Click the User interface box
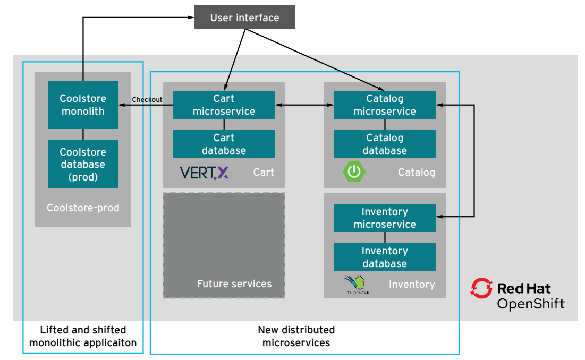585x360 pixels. pyautogui.click(x=244, y=18)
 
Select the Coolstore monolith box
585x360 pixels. pyautogui.click(x=83, y=105)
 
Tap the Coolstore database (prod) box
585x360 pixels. pyautogui.click(x=83, y=164)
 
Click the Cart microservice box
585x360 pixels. pyautogui.click(x=224, y=105)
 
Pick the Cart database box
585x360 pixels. pyautogui.click(x=224, y=144)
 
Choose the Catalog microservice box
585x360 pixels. pyautogui.click(x=385, y=105)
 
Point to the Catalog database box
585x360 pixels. pyautogui.click(x=385, y=144)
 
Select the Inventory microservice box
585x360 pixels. pyautogui.click(x=385, y=218)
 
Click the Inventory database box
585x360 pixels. pyautogui.click(x=385, y=257)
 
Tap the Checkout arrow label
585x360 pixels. pyautogui.click(x=147, y=99)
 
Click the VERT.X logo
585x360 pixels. pyautogui.click(x=205, y=173)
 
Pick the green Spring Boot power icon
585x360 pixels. pyautogui.click(x=354, y=172)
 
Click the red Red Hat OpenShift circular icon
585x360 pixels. pyautogui.click(x=481, y=288)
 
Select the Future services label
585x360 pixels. pyautogui.click(x=234, y=284)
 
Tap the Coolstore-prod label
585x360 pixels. pyautogui.click(x=83, y=208)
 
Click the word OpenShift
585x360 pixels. pyautogui.click(x=530, y=304)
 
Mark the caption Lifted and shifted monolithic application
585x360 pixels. pyautogui.click(x=83, y=337)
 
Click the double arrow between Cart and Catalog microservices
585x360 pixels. pyautogui.click(x=304, y=105)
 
